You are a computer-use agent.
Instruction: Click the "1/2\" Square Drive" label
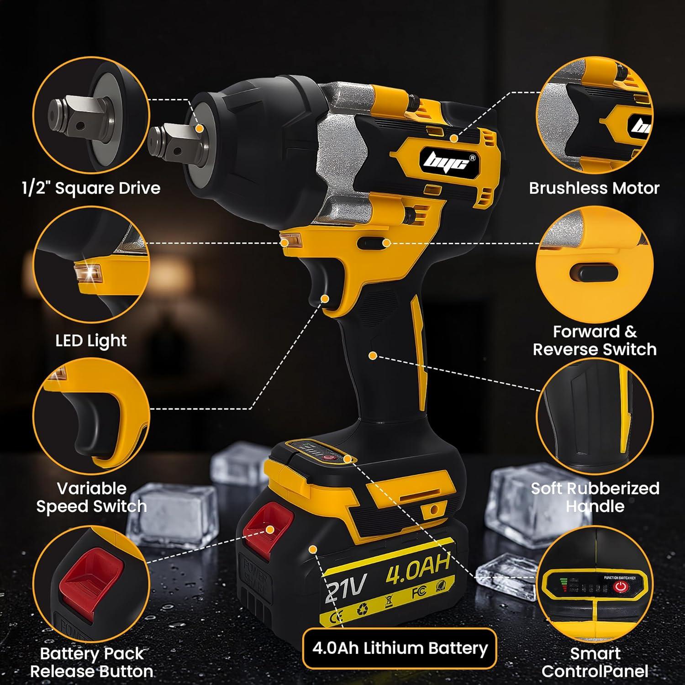(x=91, y=188)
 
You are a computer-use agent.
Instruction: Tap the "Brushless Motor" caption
(x=594, y=188)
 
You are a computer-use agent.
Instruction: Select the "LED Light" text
(x=91, y=341)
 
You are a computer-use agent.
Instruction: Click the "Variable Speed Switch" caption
(x=91, y=497)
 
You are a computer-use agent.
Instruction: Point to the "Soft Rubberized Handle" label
(x=595, y=497)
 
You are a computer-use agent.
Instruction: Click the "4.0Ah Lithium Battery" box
(x=400, y=648)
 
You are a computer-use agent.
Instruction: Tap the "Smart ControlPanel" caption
(x=595, y=662)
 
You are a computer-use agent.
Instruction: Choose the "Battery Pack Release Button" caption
(x=91, y=663)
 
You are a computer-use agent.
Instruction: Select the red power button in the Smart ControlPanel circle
(x=620, y=587)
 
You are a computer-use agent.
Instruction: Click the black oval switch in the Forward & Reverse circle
(x=593, y=274)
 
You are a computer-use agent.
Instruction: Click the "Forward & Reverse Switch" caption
(x=595, y=341)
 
